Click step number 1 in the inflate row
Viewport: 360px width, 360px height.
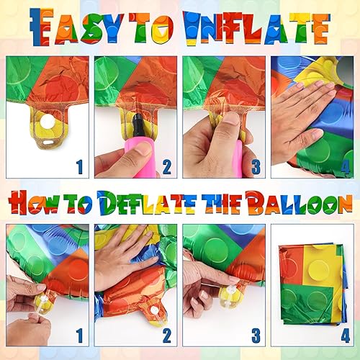(x=79, y=168)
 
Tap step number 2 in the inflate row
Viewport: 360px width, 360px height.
(x=167, y=168)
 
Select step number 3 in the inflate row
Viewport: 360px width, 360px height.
(x=254, y=168)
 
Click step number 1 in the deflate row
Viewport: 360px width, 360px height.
(x=79, y=335)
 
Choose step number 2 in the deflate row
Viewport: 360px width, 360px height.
(x=167, y=335)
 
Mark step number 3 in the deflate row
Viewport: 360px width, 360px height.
(x=254, y=335)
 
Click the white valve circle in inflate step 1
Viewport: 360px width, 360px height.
(x=48, y=123)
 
